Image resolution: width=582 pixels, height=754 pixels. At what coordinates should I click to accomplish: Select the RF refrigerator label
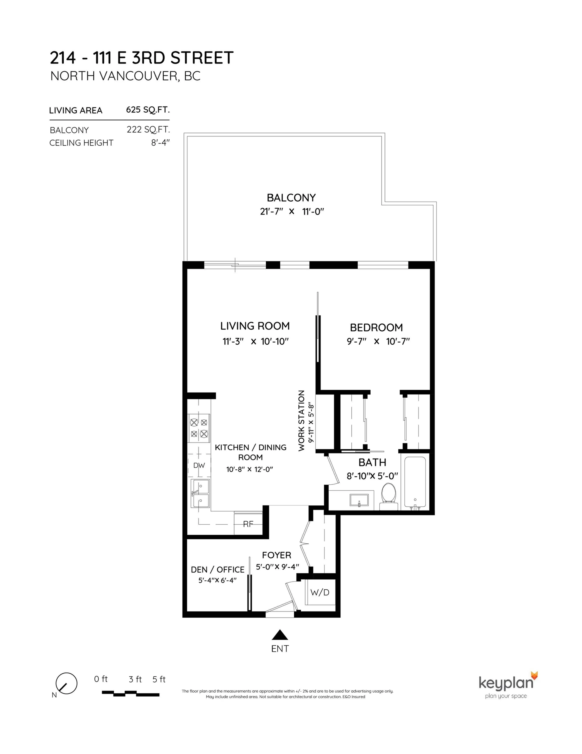[248, 524]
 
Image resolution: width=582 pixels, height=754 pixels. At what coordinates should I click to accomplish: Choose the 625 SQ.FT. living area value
[148, 110]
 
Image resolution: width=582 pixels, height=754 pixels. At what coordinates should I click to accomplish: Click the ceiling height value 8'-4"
[160, 143]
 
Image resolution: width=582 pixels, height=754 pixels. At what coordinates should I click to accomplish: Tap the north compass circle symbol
[67, 683]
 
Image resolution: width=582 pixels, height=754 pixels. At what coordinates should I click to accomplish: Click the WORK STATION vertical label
[301, 421]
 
